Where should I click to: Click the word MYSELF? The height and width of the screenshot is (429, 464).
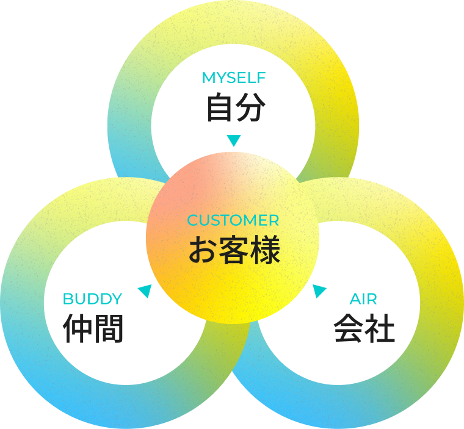pos(234,78)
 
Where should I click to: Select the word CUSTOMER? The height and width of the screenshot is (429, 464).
pos(233,220)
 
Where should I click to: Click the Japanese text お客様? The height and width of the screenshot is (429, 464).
pos(234,250)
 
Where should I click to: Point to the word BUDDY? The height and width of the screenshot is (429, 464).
pos(92,299)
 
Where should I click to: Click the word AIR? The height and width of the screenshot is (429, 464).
pos(363,299)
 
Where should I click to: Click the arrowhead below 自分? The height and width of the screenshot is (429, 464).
pos(233,141)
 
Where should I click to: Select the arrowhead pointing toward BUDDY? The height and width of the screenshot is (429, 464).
pos(145,291)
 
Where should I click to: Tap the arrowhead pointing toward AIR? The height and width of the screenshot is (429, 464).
pos(318,290)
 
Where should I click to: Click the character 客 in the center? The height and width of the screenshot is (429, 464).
pos(234,250)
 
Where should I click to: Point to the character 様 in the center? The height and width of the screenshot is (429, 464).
pos(265,250)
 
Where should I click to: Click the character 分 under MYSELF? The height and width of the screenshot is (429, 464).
pos(251,107)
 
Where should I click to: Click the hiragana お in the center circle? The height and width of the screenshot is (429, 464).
pos(203,250)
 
